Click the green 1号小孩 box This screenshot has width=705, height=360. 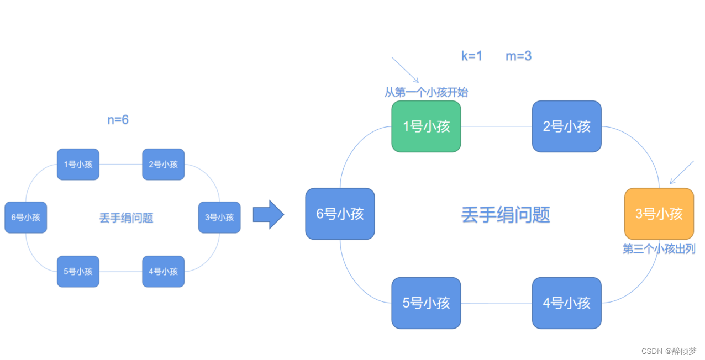click(x=426, y=126)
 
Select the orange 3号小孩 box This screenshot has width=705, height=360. click(x=659, y=214)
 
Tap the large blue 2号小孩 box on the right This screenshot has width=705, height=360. click(x=566, y=126)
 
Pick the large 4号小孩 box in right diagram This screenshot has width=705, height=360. click(x=566, y=303)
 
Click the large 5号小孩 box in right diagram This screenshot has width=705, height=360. click(x=426, y=303)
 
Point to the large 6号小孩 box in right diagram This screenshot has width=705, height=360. click(x=340, y=214)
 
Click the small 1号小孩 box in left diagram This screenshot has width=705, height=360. click(x=78, y=164)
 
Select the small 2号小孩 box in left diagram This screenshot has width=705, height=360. click(x=163, y=164)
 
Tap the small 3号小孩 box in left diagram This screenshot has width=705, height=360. click(x=219, y=217)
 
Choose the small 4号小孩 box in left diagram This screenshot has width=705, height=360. click(x=163, y=271)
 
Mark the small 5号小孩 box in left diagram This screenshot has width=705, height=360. click(x=78, y=271)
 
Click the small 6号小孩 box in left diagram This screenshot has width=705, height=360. click(x=26, y=217)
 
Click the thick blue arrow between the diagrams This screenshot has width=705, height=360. click(x=268, y=214)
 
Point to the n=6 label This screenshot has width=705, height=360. click(x=118, y=120)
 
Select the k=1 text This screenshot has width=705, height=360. click(x=472, y=56)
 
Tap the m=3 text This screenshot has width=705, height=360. click(x=518, y=56)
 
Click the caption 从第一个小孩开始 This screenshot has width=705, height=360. click(x=426, y=92)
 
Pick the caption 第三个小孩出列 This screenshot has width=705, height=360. click(x=659, y=249)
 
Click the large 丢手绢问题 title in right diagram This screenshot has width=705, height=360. click(x=506, y=215)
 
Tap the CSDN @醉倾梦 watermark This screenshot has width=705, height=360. click(x=669, y=351)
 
